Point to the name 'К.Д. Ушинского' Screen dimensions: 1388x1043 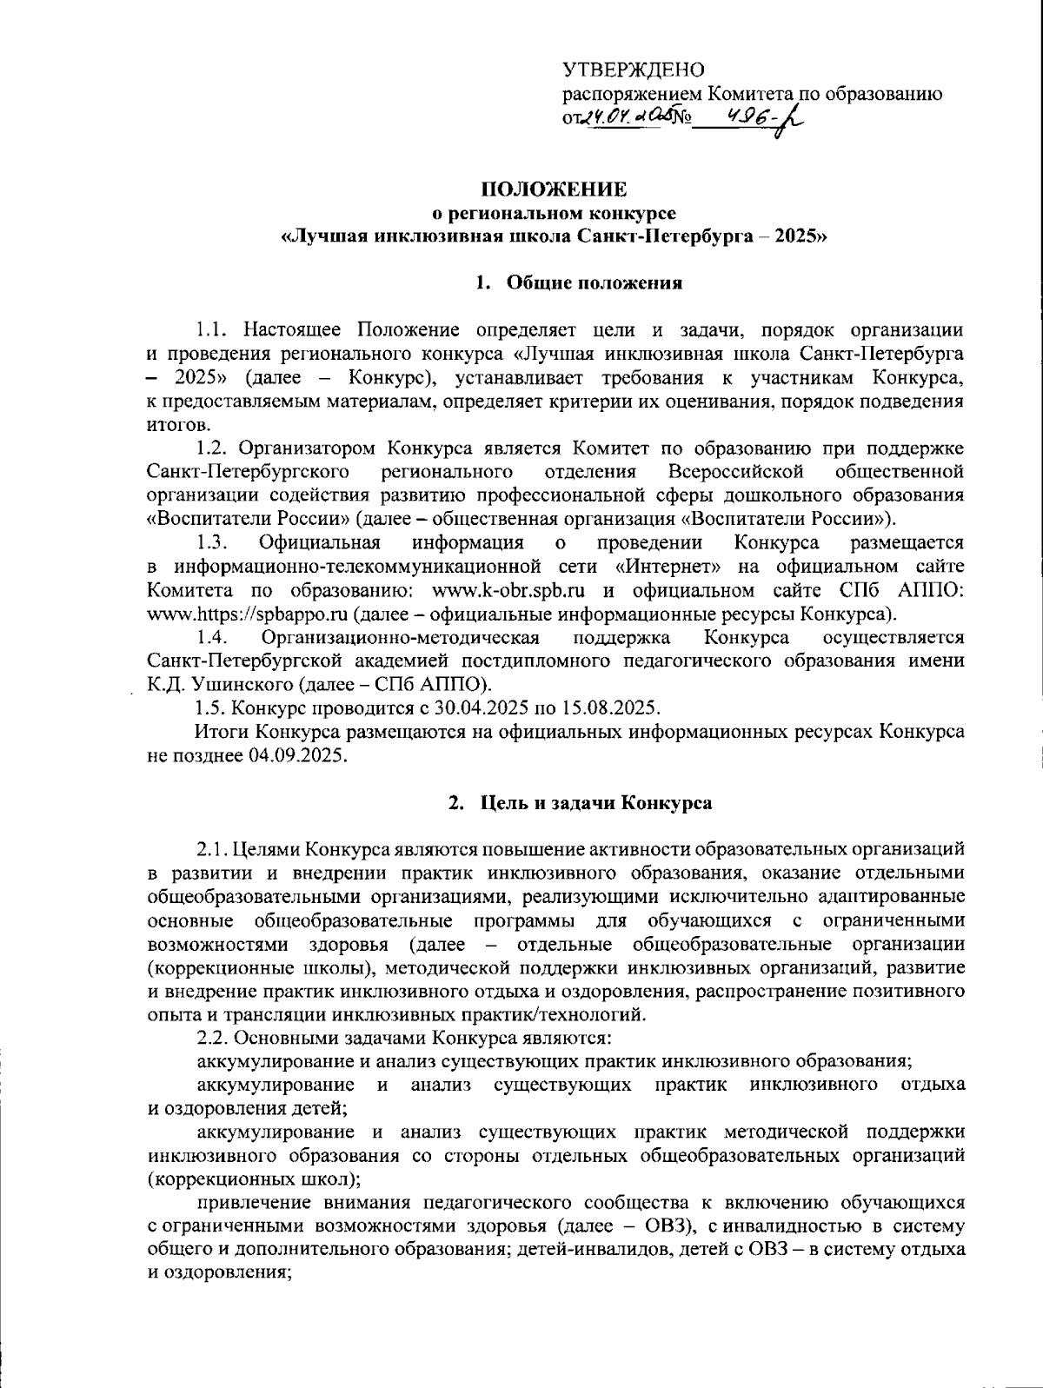[x=207, y=684]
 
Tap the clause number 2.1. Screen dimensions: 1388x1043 [x=215, y=848]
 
